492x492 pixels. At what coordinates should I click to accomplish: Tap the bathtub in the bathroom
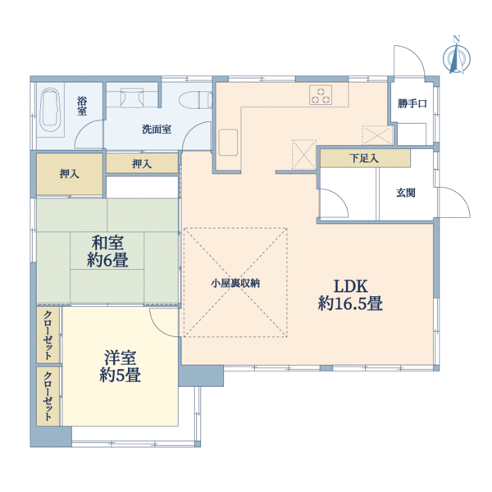pyautogui.click(x=51, y=110)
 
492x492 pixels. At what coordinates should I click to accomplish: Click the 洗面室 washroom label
pyautogui.click(x=156, y=129)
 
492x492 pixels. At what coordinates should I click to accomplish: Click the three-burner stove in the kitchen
pyautogui.click(x=321, y=95)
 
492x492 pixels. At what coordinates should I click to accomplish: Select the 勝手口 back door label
pyautogui.click(x=412, y=103)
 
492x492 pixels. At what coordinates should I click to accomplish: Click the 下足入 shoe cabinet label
pyautogui.click(x=364, y=158)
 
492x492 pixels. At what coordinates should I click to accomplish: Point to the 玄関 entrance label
pyautogui.click(x=406, y=193)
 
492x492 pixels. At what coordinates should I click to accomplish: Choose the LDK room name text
pyautogui.click(x=350, y=286)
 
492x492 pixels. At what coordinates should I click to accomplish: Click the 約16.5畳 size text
pyautogui.click(x=350, y=304)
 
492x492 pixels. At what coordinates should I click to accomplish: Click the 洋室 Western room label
pyautogui.click(x=121, y=358)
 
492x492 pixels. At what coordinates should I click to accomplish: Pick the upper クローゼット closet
pyautogui.click(x=48, y=335)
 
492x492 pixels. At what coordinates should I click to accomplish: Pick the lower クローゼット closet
pyautogui.click(x=48, y=396)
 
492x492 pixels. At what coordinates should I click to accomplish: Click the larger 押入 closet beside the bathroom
pyautogui.click(x=69, y=174)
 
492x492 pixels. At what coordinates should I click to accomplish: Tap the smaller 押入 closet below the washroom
pyautogui.click(x=141, y=164)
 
